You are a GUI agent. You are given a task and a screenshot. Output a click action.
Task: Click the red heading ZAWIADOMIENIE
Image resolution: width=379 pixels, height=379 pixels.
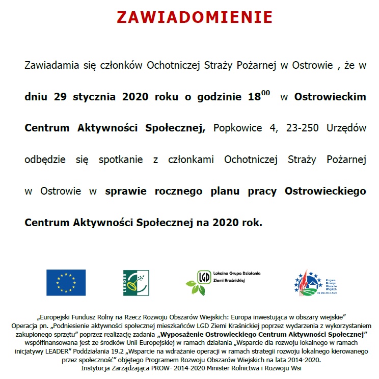[195, 17]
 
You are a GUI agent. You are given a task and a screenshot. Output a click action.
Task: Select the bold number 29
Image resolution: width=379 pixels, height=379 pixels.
[61, 97]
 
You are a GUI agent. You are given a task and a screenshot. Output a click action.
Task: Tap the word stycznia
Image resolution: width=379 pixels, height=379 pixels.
[95, 97]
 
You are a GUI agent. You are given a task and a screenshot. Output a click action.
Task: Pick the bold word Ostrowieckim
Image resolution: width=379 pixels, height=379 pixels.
[330, 97]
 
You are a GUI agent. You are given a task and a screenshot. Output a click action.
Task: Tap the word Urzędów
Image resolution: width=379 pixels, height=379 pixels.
[347, 128]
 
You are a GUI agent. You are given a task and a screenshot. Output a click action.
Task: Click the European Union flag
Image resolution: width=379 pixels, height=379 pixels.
[66, 282]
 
